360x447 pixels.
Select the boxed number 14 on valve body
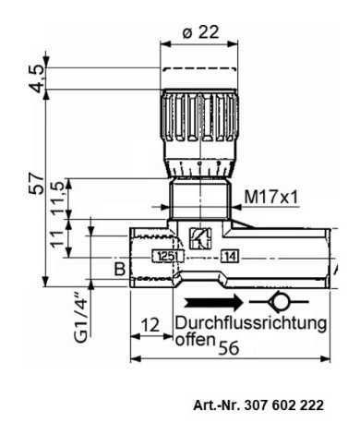230,256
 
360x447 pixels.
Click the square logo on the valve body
198,236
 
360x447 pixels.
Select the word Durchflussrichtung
249,323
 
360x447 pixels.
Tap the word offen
194,339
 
